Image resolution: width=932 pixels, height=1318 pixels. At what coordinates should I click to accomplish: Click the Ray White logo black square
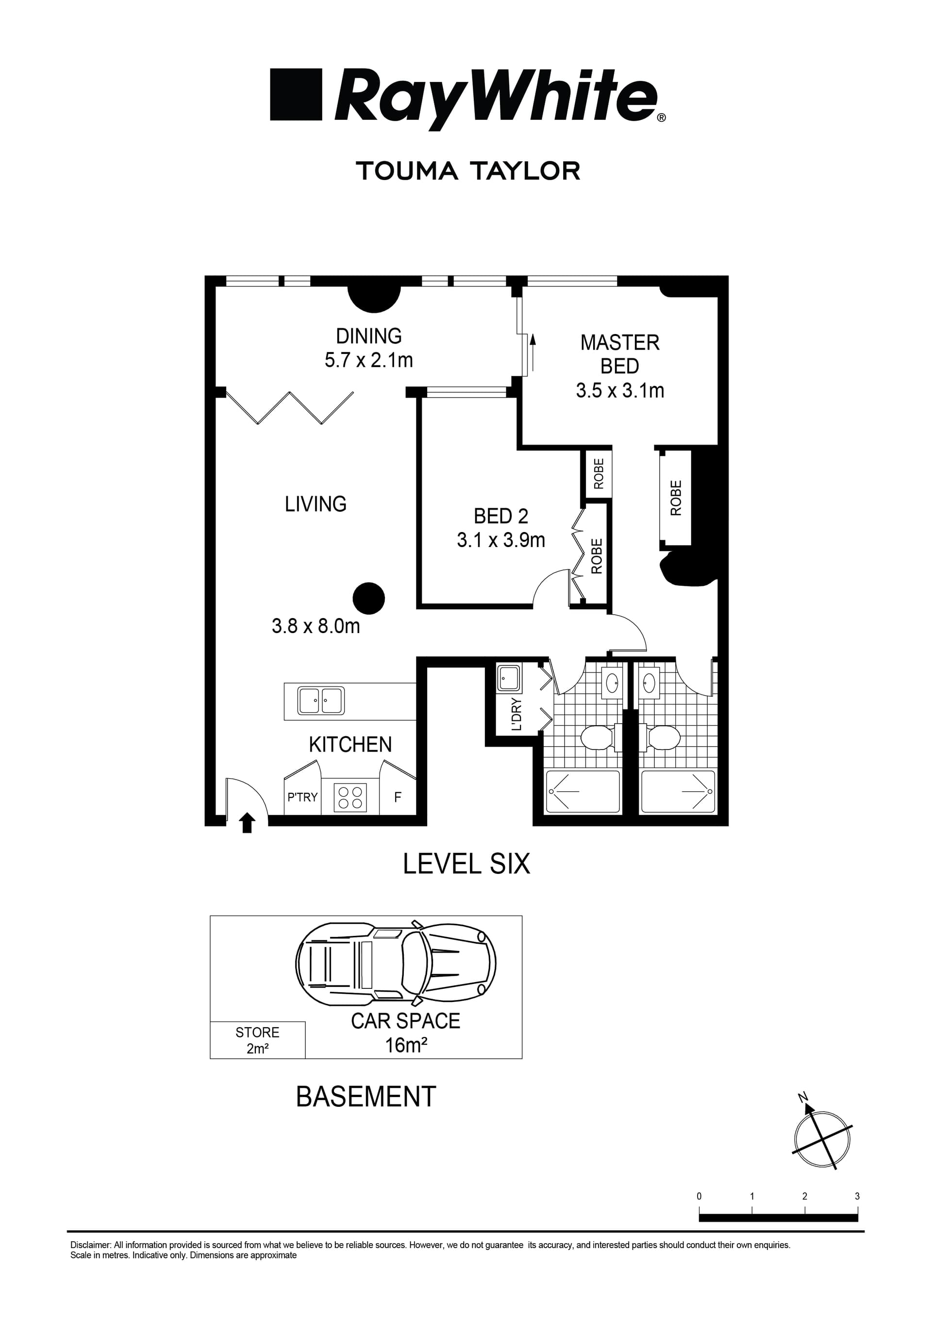pyautogui.click(x=296, y=95)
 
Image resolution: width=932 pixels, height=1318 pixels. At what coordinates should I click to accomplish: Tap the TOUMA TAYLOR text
pyautogui.click(x=468, y=171)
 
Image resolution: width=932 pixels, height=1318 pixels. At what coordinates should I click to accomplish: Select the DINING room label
pyautogui.click(x=368, y=336)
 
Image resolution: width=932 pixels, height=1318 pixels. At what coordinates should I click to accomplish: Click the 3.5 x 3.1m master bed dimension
pyautogui.click(x=620, y=390)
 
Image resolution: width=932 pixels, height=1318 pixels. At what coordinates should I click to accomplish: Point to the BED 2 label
pyautogui.click(x=500, y=516)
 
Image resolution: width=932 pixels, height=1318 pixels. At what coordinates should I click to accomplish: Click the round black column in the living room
pyautogui.click(x=368, y=598)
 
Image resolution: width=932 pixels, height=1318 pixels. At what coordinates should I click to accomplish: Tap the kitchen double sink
pyautogui.click(x=321, y=701)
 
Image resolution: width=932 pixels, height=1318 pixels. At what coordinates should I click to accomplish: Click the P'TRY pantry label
pyautogui.click(x=302, y=797)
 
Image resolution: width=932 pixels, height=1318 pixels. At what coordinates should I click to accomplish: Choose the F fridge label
pyautogui.click(x=398, y=797)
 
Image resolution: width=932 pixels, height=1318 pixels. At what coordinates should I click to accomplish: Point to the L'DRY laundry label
pyautogui.click(x=516, y=714)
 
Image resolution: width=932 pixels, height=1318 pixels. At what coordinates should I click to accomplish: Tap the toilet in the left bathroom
pyautogui.click(x=599, y=738)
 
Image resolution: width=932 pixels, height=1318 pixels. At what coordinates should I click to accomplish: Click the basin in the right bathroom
pyautogui.click(x=649, y=683)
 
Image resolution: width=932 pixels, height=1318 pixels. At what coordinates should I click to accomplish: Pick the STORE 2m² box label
pyautogui.click(x=257, y=1040)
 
